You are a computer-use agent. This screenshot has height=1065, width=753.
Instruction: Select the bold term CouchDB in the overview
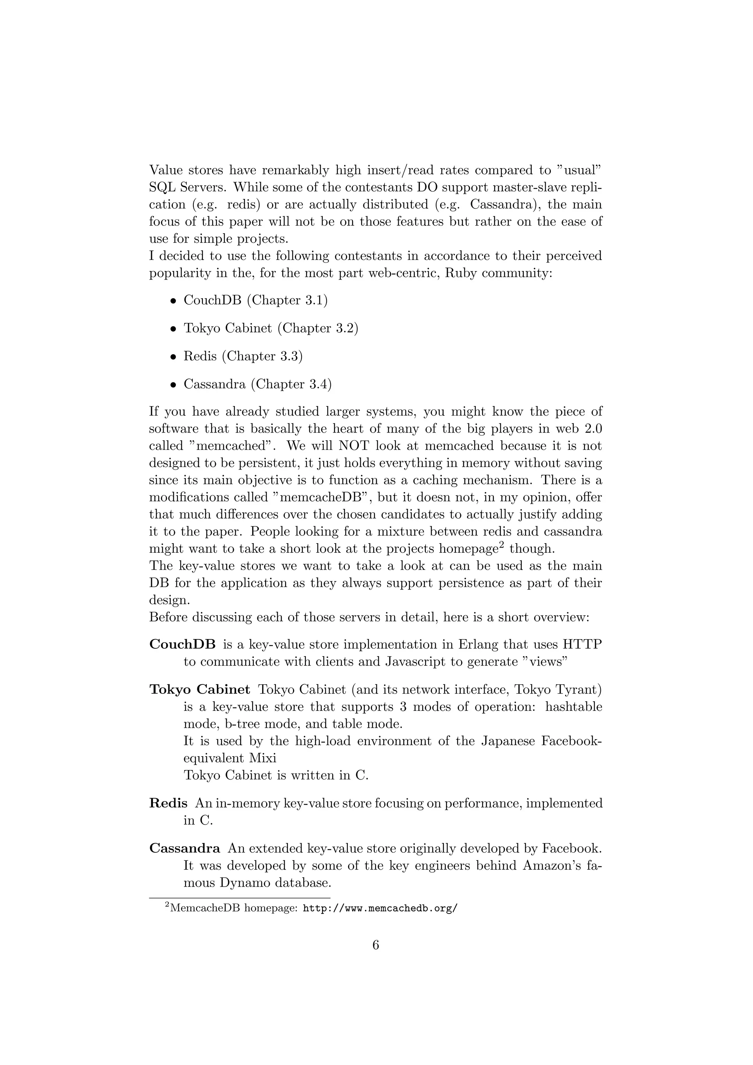(182, 644)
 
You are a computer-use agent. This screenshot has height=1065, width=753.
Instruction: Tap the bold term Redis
(168, 803)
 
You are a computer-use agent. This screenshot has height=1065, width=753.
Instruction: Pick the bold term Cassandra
(185, 848)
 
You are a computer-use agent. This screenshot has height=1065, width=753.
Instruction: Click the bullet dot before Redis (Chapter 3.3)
(174, 357)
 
